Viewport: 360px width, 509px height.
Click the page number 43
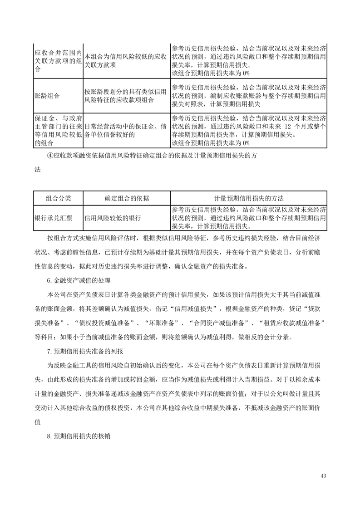click(323, 475)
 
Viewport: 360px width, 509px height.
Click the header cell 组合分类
click(58, 198)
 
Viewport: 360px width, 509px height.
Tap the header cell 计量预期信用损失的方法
click(249, 198)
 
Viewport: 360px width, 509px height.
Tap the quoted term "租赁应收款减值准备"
click(295, 323)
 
